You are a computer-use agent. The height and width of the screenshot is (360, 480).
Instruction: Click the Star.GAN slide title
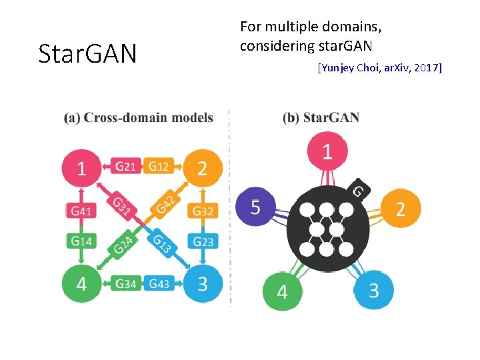tap(87, 54)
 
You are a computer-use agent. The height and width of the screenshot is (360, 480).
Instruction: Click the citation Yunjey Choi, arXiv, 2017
tap(380, 67)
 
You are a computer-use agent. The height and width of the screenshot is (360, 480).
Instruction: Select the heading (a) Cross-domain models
tap(139, 118)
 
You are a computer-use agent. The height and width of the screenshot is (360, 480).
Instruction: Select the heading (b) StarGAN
tap(321, 118)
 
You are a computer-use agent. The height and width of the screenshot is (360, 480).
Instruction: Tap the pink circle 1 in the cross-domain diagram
tap(81, 167)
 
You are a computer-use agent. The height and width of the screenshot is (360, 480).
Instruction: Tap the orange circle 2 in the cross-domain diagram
tap(202, 167)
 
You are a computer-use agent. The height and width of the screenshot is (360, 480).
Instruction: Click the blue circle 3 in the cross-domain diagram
tap(202, 283)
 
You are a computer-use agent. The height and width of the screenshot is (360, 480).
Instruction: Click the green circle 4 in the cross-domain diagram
tap(81, 283)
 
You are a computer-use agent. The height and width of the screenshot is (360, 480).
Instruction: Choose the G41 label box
tap(81, 211)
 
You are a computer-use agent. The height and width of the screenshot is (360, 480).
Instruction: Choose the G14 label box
tap(81, 241)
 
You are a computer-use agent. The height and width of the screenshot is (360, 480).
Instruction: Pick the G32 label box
tap(203, 211)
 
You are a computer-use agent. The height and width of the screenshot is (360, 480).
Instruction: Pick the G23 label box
tap(203, 241)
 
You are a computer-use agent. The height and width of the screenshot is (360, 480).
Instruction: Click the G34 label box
tap(126, 284)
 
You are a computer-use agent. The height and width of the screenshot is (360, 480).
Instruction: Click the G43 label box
tap(159, 284)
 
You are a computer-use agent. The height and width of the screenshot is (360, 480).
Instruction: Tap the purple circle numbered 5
tap(255, 206)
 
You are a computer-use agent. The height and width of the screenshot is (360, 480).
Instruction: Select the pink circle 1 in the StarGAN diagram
tap(327, 151)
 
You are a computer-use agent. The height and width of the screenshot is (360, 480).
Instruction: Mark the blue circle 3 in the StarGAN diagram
tap(373, 291)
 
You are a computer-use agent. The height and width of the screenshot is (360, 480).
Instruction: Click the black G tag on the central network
tap(358, 190)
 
